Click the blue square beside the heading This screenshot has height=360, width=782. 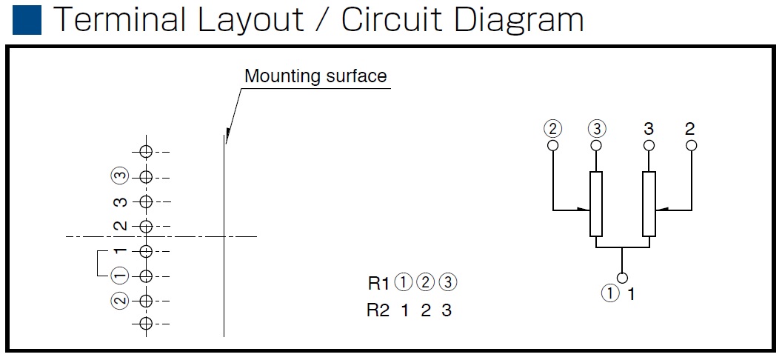(x=27, y=20)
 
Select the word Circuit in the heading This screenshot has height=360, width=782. (x=393, y=20)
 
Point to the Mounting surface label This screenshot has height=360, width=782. (x=315, y=76)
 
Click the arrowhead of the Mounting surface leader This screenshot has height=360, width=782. (x=227, y=135)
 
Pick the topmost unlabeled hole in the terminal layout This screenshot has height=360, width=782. (x=146, y=152)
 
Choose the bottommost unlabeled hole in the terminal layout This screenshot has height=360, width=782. (x=146, y=324)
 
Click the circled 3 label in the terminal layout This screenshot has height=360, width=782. (x=120, y=176)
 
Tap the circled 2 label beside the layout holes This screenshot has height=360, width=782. (x=120, y=301)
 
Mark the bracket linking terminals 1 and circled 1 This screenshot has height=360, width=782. (x=97, y=263)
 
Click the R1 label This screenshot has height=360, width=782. (x=378, y=283)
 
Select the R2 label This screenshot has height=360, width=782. (x=378, y=310)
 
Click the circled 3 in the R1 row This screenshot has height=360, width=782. (x=448, y=283)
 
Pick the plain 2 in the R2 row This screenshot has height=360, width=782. (x=425, y=310)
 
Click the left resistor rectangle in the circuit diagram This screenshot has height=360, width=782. (x=596, y=204)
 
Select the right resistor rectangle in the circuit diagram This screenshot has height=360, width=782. (x=649, y=204)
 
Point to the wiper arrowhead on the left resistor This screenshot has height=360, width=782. (x=584, y=210)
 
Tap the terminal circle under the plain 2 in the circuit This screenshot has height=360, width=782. (x=691, y=146)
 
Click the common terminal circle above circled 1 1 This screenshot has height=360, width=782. (x=622, y=278)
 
